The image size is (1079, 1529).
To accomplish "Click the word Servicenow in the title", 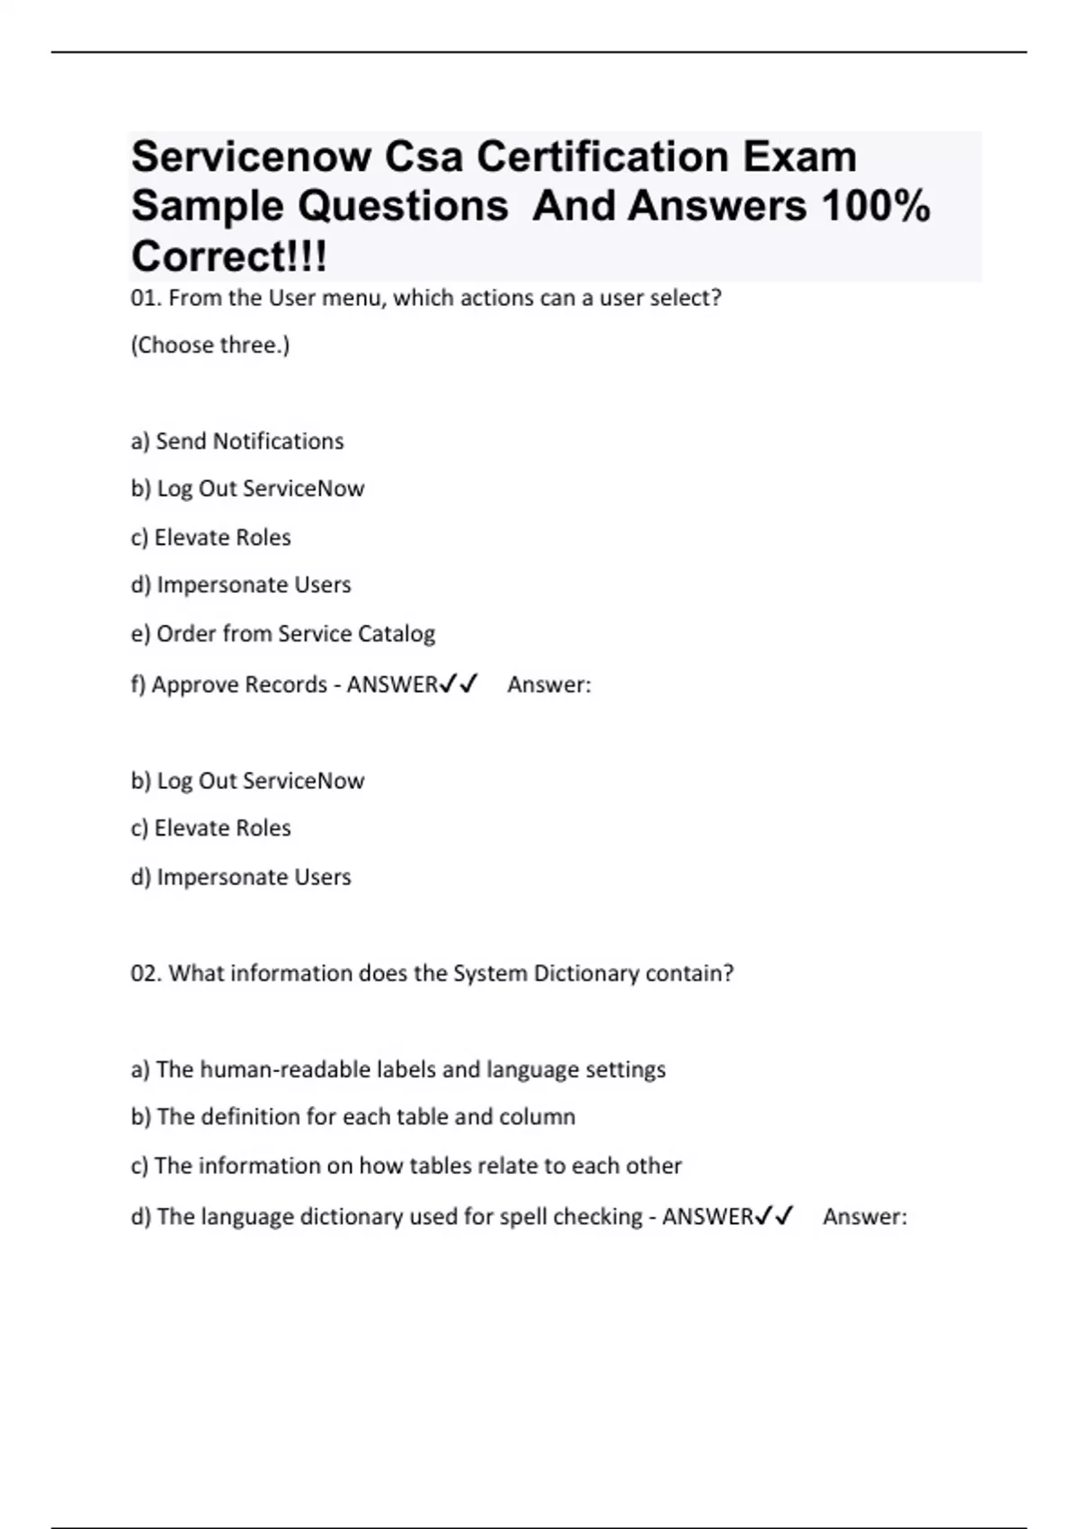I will [x=251, y=157].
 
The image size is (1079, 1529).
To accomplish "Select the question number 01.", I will [x=146, y=298].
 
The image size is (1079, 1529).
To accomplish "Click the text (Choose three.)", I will [x=210, y=345].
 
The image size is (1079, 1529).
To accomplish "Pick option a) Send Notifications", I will [x=237, y=441].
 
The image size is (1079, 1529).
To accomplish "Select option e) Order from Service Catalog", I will [x=283, y=633].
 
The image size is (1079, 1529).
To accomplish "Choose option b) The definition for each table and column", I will [x=353, y=1117].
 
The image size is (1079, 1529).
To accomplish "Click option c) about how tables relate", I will [x=406, y=1166].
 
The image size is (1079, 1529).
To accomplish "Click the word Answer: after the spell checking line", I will [x=865, y=1217].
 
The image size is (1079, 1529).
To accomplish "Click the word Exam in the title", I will [x=799, y=157].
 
